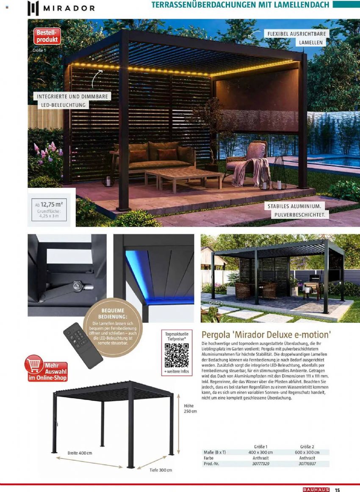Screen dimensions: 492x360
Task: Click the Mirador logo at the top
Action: [61, 8]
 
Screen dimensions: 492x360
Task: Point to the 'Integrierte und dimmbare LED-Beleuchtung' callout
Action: [73, 100]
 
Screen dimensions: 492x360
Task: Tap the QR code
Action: [176, 355]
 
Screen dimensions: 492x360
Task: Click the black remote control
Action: [83, 345]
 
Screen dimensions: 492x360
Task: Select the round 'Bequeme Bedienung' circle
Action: [114, 330]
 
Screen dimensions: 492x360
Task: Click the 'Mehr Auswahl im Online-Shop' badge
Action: [47, 369]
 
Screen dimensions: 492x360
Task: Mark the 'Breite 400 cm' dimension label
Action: [80, 453]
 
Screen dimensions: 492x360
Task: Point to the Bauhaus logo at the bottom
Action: [316, 489]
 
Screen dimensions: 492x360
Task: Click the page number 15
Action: [338, 490]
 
